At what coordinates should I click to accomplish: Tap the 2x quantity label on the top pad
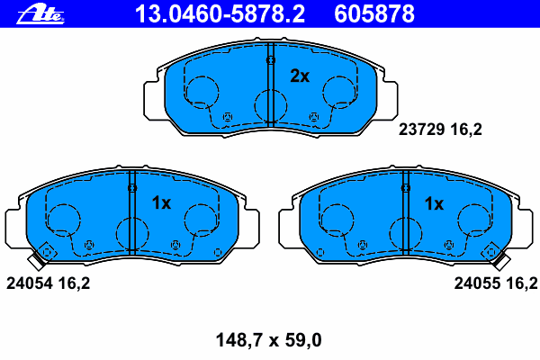coord(299,77)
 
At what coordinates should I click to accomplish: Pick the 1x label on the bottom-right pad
coord(434,203)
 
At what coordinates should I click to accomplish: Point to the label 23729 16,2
coord(440,130)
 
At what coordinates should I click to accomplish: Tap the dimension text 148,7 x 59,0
coord(268,340)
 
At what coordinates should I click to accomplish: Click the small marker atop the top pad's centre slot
coord(270,60)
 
